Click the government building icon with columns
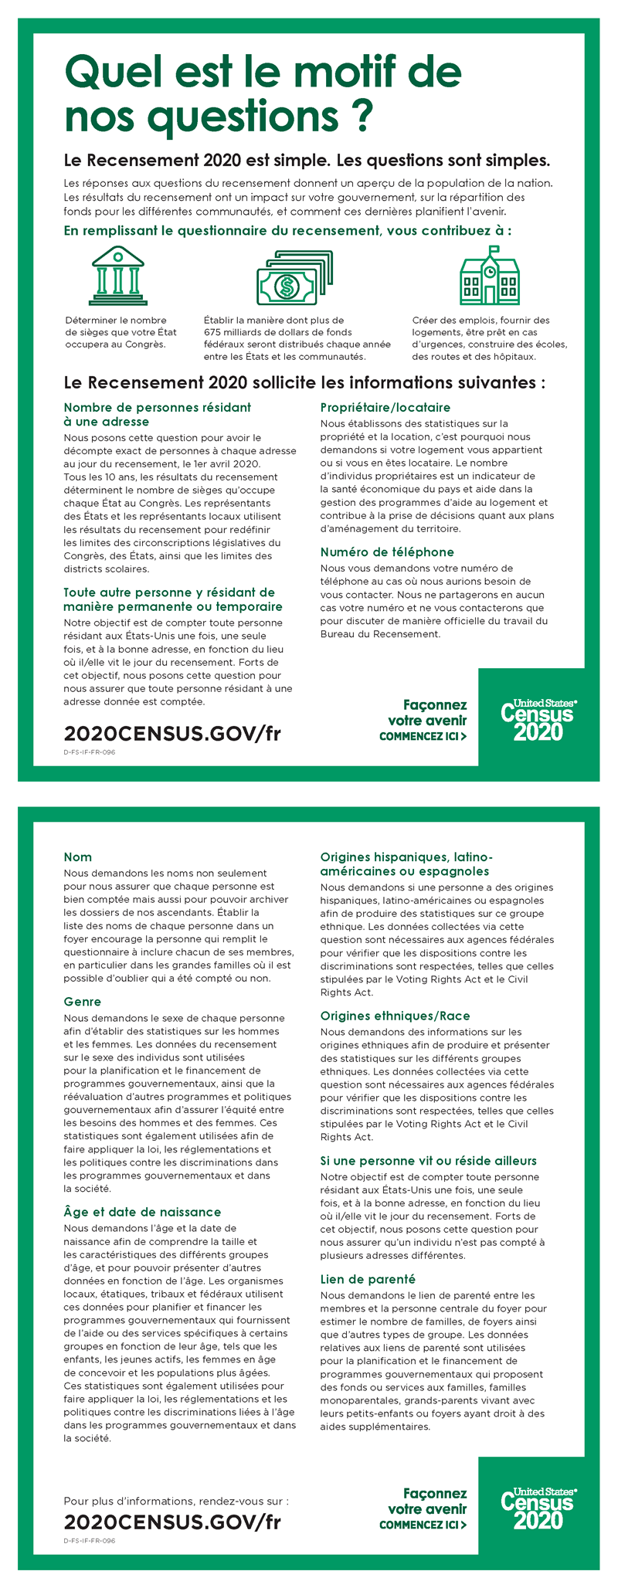click(117, 276)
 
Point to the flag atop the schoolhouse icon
click(494, 249)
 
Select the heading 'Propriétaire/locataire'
click(385, 407)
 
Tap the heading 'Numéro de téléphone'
click(387, 551)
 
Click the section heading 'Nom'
click(77, 857)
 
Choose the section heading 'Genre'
click(82, 1002)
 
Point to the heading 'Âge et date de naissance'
click(142, 1211)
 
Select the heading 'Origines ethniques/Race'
click(395, 1016)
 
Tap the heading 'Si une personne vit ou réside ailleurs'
click(428, 1160)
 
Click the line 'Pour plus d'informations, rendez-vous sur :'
click(175, 1501)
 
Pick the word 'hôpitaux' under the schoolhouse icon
click(515, 357)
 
